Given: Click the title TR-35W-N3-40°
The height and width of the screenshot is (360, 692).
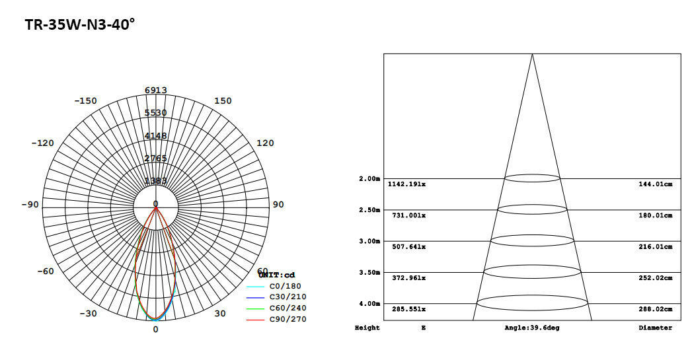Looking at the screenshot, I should [79, 25].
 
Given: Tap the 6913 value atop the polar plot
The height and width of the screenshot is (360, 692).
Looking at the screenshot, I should [156, 90].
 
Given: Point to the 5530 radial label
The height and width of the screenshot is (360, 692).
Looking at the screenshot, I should [156, 113].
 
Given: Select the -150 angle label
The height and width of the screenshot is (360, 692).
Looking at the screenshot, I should [85, 101].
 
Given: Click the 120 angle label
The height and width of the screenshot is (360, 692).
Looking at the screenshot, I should [265, 143].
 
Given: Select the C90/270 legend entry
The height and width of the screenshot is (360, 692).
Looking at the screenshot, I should [288, 320].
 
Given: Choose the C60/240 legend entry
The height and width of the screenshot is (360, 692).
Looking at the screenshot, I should [288, 308].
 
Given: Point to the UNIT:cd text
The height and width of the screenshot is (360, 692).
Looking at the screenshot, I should [277, 275].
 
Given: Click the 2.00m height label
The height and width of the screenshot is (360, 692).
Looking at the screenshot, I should [369, 179].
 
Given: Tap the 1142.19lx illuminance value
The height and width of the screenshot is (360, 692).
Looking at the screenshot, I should [407, 184].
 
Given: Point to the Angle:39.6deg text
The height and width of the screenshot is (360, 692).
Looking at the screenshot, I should [532, 328].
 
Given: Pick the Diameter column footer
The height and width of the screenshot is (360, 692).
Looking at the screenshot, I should [656, 328].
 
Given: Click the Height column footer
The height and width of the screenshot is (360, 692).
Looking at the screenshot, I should [367, 328].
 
